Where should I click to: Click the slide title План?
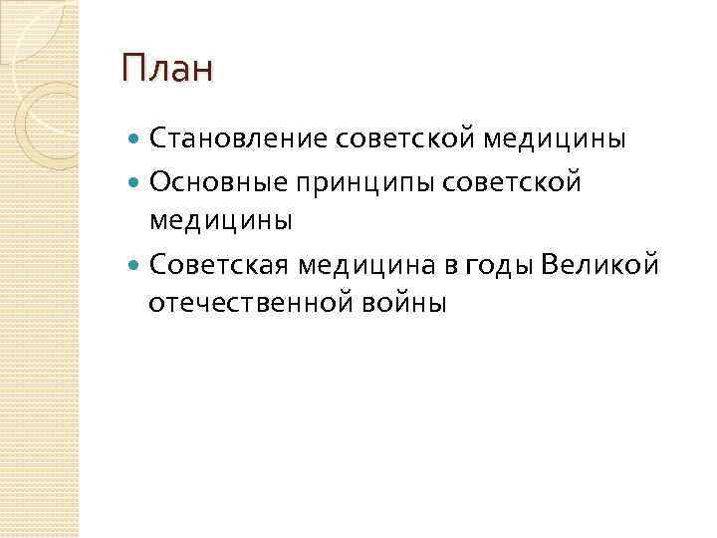pyautogui.click(x=167, y=71)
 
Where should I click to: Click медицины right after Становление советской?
pyautogui.click(x=555, y=138)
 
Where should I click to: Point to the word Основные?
pyautogui.click(x=210, y=181)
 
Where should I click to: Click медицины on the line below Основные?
pyautogui.click(x=220, y=219)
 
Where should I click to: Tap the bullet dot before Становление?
pyautogui.click(x=135, y=139)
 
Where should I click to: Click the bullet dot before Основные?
pyautogui.click(x=135, y=182)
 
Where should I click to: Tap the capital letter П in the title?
pyautogui.click(x=133, y=71)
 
